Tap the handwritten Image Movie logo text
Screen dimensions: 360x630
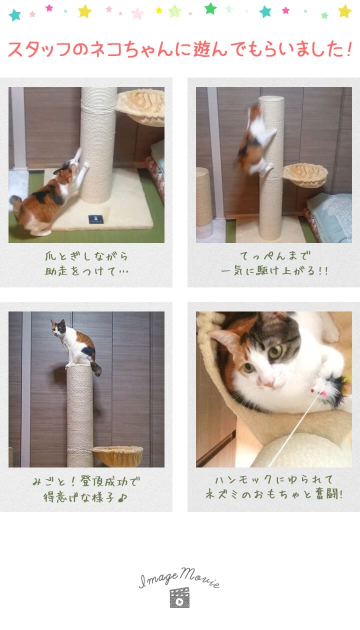[x=179, y=577]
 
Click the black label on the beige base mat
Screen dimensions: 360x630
[x=96, y=219]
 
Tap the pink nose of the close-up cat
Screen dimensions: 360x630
[x=267, y=383]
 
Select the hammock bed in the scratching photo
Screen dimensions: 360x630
[x=140, y=106]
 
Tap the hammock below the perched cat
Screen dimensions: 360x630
[x=117, y=456]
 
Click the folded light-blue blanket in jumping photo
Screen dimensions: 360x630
[x=329, y=216]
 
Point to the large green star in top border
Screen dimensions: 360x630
[x=210, y=8]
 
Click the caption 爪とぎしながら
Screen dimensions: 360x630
[x=86, y=256]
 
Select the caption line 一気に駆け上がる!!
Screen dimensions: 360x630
[x=274, y=270]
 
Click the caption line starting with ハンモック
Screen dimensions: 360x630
[x=273, y=479]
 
